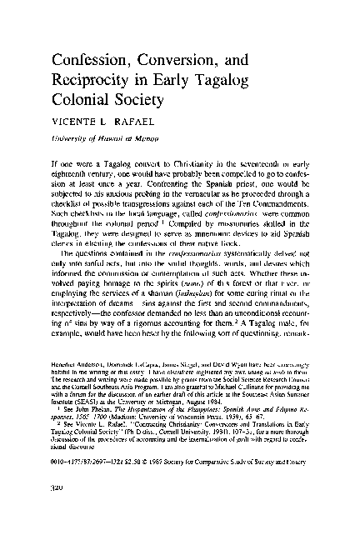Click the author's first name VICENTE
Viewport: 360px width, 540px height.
pos(72,123)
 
